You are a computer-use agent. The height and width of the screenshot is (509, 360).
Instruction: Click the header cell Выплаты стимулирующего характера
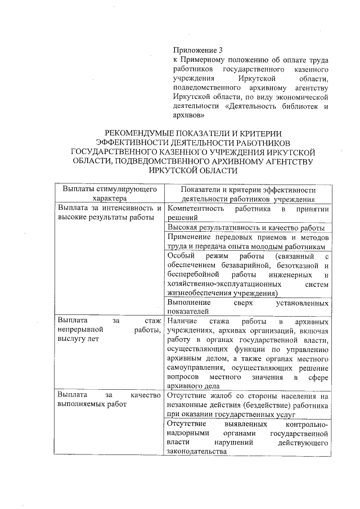click(x=109, y=194)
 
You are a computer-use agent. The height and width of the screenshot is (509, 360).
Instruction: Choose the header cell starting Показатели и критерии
click(x=248, y=194)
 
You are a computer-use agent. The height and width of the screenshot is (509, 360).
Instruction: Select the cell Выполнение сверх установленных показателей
click(x=247, y=307)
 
